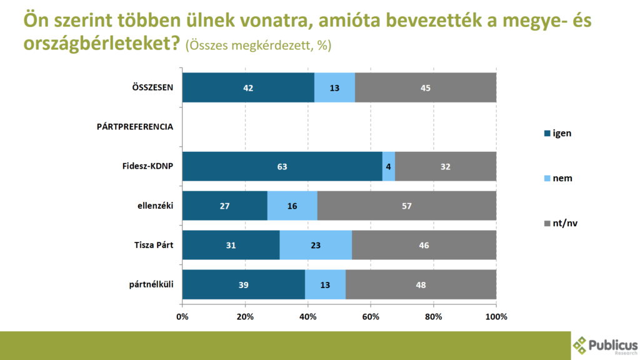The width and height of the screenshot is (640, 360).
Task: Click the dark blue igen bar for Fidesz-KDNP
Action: pyautogui.click(x=282, y=166)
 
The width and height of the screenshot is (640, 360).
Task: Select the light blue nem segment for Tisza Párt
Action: pyautogui.click(x=316, y=246)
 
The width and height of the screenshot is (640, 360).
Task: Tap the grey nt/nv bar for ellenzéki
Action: pyautogui.click(x=407, y=206)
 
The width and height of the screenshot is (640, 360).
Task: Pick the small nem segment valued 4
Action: pyautogui.click(x=389, y=166)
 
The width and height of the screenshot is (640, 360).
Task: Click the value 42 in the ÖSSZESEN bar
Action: pyautogui.click(x=248, y=87)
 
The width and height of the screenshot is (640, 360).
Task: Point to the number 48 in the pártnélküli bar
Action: pyautogui.click(x=421, y=285)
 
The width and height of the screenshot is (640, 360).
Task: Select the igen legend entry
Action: pyautogui.click(x=558, y=132)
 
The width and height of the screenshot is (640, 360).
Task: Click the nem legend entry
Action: pyautogui.click(x=558, y=178)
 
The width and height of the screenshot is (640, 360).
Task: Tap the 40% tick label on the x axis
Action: pyautogui.click(x=308, y=316)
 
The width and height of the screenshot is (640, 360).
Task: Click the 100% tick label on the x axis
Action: pyautogui.click(x=496, y=316)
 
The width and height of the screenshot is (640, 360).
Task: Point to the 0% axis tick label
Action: pyautogui.click(x=182, y=316)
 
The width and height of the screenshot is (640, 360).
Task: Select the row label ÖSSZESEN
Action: pyautogui.click(x=148, y=87)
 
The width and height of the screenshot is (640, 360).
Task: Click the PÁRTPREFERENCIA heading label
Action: pyautogui.click(x=135, y=126)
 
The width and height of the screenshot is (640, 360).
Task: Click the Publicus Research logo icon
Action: pyautogui.click(x=581, y=345)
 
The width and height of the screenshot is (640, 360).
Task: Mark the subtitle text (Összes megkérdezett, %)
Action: pyautogui.click(x=258, y=46)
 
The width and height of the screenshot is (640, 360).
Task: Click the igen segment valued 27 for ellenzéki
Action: pyautogui.click(x=224, y=206)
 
